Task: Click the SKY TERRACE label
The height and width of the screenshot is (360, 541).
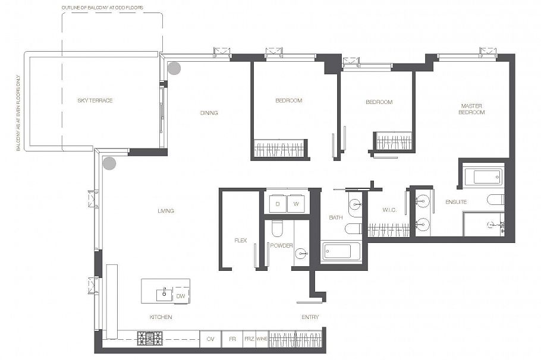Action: point(95,100)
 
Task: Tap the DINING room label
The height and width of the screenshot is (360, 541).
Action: point(209,113)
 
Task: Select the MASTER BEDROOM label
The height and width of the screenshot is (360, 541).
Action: point(473,109)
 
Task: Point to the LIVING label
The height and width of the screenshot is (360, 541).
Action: point(166,211)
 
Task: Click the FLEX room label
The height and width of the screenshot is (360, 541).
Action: point(240,241)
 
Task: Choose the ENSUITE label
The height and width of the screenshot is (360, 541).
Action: point(456,202)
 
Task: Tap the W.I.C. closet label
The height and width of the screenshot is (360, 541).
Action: point(389,210)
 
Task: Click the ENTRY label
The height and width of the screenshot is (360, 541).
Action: point(310,317)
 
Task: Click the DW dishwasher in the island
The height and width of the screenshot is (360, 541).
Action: point(181,296)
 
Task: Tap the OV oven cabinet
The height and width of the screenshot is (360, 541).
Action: point(210,339)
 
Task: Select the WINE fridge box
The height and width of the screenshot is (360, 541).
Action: point(262,339)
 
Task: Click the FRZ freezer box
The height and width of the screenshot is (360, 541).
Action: point(249,339)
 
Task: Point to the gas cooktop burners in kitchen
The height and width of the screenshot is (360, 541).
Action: point(150,339)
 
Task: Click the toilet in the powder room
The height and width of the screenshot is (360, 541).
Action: point(277,228)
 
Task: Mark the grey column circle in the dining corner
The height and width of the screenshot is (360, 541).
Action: point(174,68)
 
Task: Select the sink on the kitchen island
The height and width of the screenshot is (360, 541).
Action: point(163,293)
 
